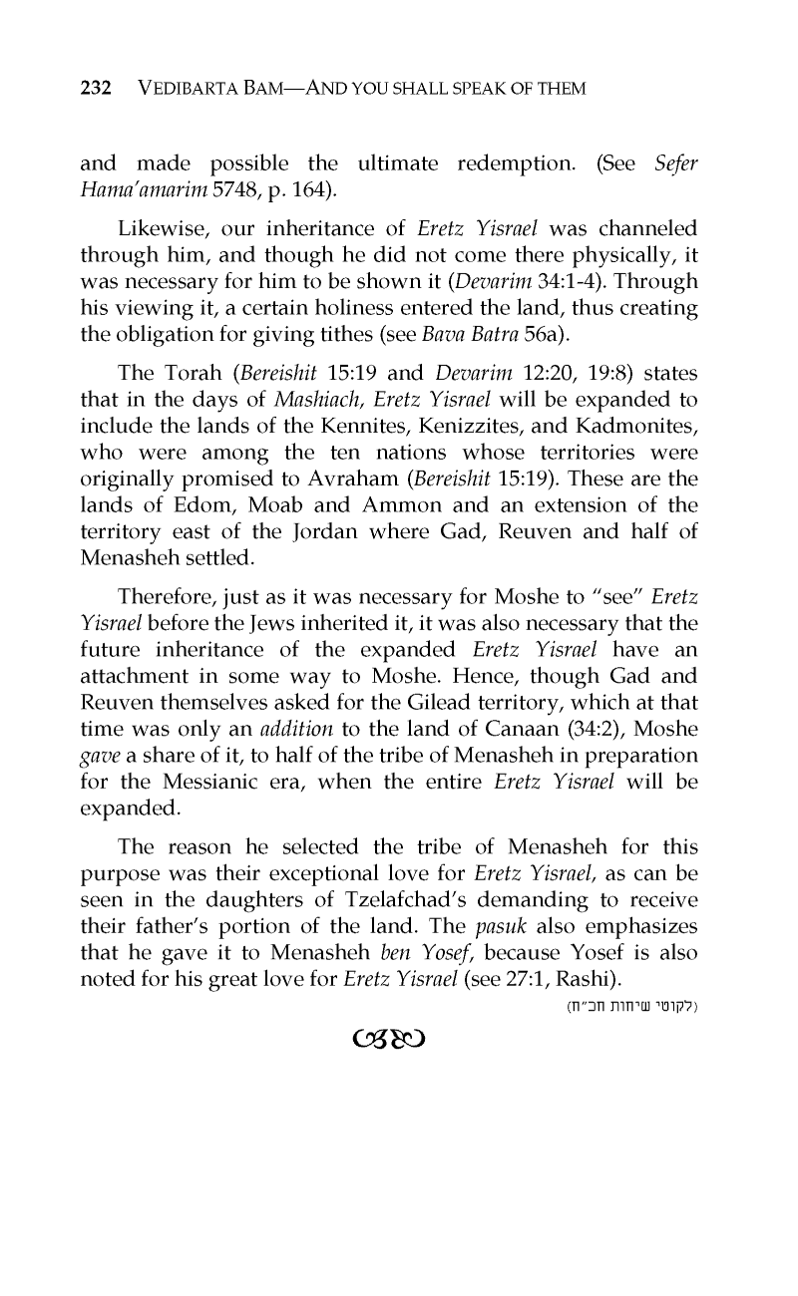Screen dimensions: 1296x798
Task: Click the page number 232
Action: tap(95, 89)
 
